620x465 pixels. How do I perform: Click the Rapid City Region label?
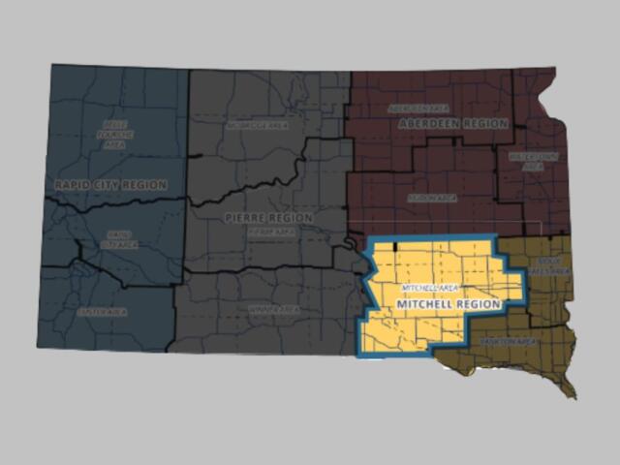(x=110, y=184)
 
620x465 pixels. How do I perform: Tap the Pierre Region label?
(x=268, y=218)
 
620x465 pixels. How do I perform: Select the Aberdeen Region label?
(x=452, y=125)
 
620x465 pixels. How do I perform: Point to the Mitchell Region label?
(x=448, y=304)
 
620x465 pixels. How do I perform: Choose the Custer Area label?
(x=102, y=312)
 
